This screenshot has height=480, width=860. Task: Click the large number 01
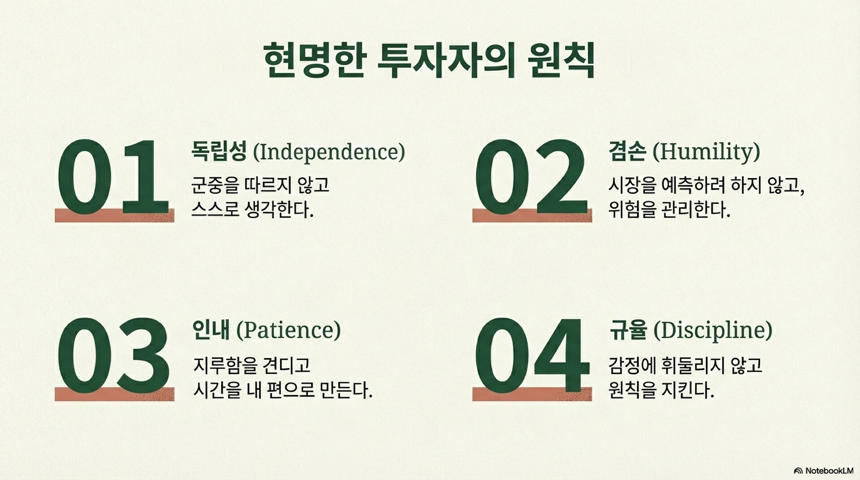(113, 176)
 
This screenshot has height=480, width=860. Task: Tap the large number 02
(531, 176)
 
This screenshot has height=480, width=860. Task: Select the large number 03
(113, 356)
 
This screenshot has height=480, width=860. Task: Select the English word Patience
(289, 330)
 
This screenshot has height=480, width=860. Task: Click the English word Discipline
(713, 330)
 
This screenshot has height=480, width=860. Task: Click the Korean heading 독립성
(219, 151)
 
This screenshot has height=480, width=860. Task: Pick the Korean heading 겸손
(628, 151)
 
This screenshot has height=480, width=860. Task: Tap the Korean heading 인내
(211, 330)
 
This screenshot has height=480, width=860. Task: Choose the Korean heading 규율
(628, 330)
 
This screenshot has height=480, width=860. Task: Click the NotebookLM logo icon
(798, 471)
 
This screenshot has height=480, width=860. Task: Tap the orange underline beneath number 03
(115, 394)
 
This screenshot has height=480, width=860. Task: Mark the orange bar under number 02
(532, 215)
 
